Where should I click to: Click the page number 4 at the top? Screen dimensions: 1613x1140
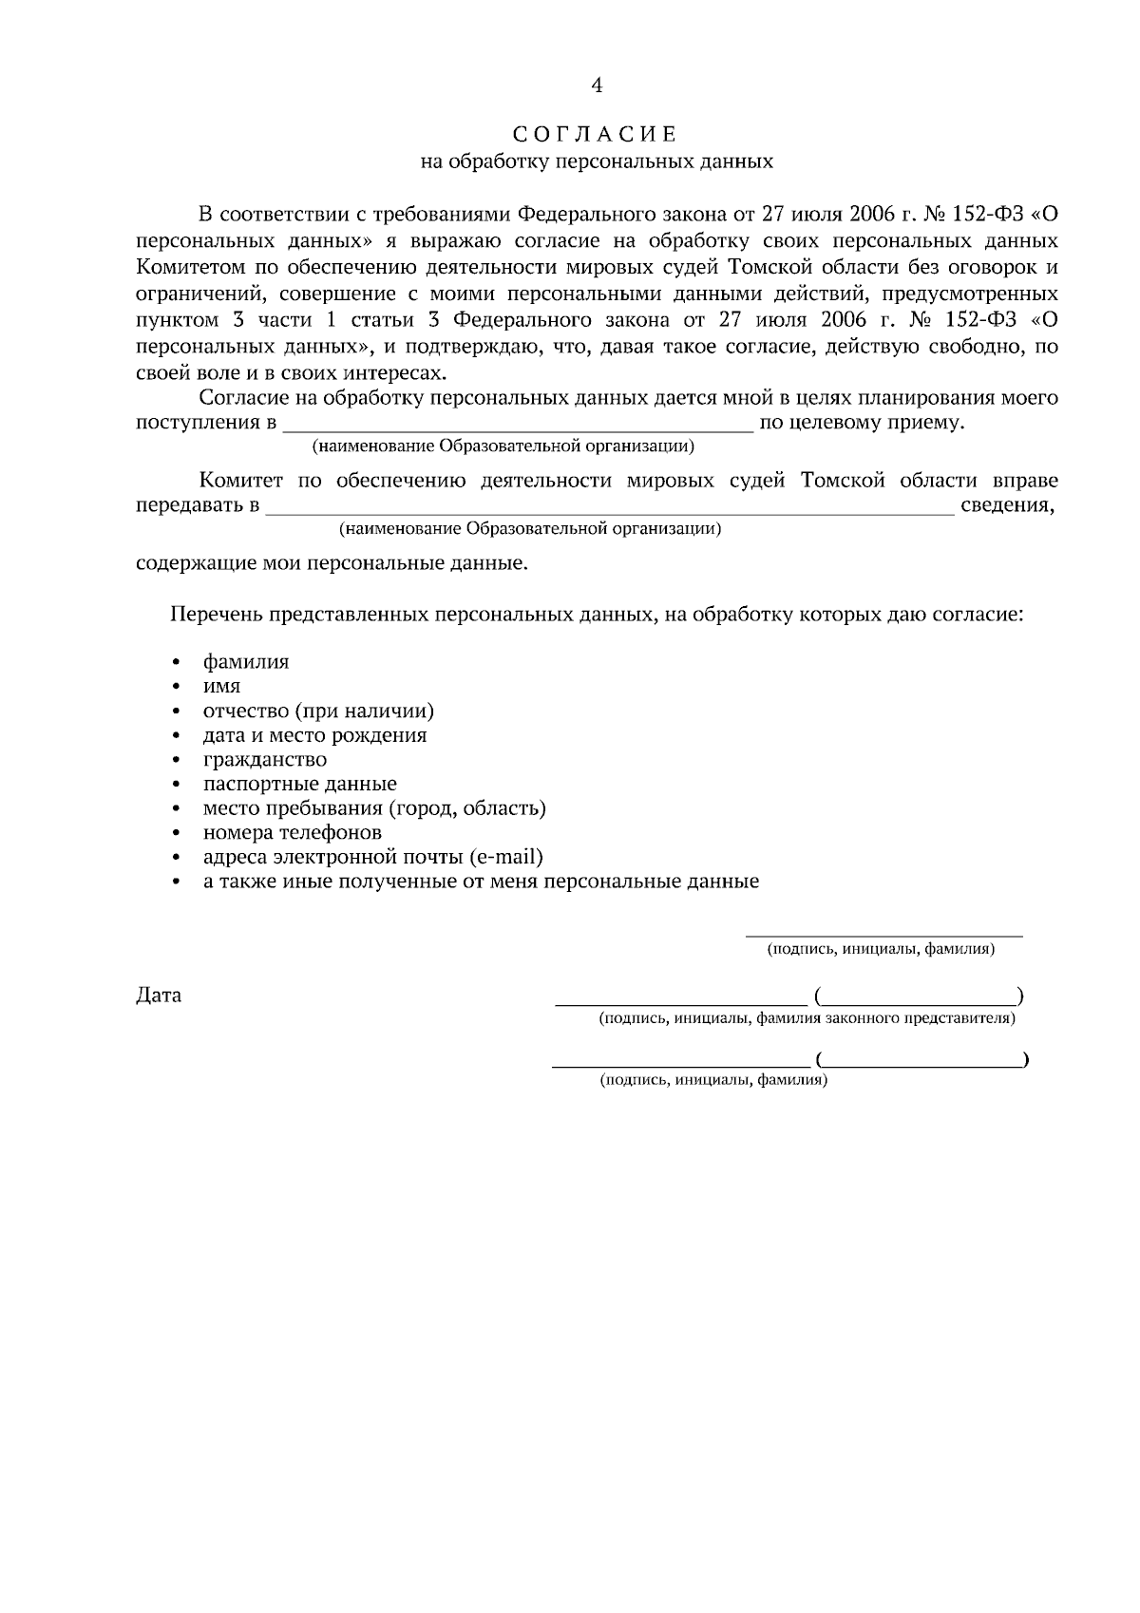coord(597,85)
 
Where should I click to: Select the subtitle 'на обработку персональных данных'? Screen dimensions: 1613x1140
coord(597,161)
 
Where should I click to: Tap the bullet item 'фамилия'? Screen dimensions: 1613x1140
coord(246,662)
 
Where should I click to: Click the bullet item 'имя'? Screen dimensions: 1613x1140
coord(221,686)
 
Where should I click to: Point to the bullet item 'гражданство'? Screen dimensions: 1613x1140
coord(265,760)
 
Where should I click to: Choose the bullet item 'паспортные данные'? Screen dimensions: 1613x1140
coord(300,785)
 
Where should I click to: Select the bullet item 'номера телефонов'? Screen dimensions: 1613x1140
coord(293,833)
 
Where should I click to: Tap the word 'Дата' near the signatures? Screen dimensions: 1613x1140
coord(159,996)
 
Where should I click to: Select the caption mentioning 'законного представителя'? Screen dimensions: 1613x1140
coord(807,1019)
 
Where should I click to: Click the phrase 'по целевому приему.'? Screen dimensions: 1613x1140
coord(863,423)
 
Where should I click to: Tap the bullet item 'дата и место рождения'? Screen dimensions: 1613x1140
coord(314,735)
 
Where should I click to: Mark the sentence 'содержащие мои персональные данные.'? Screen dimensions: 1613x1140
coord(332,563)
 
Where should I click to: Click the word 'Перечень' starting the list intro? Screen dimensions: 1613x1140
coord(216,615)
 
